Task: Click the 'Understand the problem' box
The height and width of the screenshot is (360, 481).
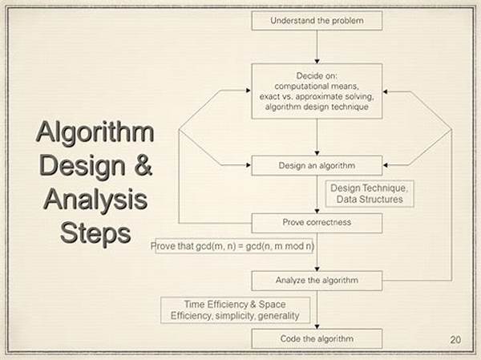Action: (x=317, y=21)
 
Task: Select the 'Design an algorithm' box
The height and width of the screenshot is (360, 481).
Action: (x=317, y=165)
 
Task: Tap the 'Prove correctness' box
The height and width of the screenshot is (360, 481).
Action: (x=317, y=223)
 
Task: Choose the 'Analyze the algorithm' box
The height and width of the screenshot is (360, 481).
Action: (x=317, y=281)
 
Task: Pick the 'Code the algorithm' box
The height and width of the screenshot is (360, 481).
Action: (x=317, y=338)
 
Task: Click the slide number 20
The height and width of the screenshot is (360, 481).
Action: (x=455, y=339)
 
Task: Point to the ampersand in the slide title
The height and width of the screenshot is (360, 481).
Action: (x=143, y=165)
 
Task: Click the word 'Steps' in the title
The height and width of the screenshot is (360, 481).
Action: (x=95, y=233)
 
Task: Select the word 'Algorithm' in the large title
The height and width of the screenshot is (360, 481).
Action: (x=95, y=131)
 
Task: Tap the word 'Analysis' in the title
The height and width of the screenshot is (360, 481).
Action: (x=95, y=200)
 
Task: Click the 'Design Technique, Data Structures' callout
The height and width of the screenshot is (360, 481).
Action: (x=370, y=194)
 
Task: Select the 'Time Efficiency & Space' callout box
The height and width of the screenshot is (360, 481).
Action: (x=235, y=310)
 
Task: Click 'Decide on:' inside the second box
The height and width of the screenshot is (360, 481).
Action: (x=317, y=76)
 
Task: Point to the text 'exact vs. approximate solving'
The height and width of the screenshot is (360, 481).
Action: (x=317, y=96)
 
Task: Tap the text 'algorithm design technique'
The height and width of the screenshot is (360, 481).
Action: (x=317, y=107)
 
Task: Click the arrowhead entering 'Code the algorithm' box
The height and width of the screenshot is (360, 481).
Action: (x=317, y=326)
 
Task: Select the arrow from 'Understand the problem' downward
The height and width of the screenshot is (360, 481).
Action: (x=317, y=47)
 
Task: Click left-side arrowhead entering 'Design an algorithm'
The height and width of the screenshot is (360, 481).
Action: (x=249, y=165)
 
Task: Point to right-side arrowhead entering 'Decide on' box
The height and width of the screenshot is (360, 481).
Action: (x=386, y=91)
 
